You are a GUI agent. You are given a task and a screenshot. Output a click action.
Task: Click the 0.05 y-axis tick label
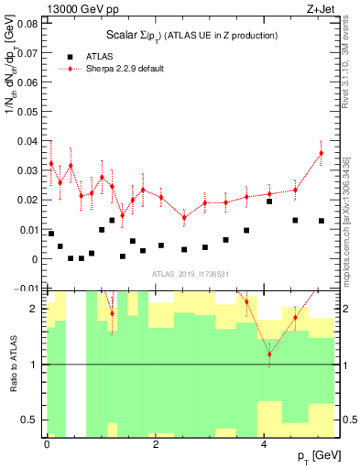click(29, 111)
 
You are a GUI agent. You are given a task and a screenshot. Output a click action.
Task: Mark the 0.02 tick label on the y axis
click(29, 200)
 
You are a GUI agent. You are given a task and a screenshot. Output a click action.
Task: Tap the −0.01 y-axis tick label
click(27, 289)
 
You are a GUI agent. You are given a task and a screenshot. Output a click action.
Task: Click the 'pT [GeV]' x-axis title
click(314, 456)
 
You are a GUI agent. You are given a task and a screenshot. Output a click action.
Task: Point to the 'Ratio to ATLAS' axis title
click(11, 364)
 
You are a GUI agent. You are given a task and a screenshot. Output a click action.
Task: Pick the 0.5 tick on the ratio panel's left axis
click(29, 420)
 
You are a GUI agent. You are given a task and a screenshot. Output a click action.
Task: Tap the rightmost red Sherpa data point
click(322, 153)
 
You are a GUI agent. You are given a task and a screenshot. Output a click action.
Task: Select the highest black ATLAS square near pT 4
click(269, 202)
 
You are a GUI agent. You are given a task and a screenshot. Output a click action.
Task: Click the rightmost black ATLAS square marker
click(322, 221)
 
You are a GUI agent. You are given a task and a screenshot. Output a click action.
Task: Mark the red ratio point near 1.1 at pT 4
click(269, 354)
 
